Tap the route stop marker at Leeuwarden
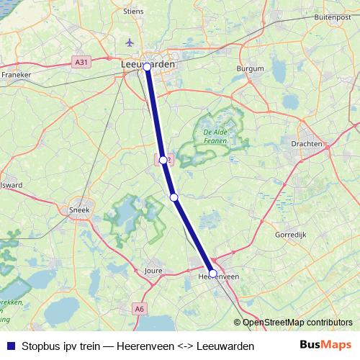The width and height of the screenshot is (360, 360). (x=147, y=66)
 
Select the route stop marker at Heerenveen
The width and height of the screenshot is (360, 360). (x=212, y=273)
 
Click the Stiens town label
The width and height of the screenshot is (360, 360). (x=135, y=11)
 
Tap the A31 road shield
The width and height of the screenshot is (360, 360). (x=82, y=63)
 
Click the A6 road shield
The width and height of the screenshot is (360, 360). (x=139, y=309)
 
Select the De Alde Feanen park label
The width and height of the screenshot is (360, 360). (x=215, y=137)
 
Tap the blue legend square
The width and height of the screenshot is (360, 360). (x=10, y=346)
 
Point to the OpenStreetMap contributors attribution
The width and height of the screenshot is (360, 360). (x=297, y=323)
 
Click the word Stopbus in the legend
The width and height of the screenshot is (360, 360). (x=42, y=346)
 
